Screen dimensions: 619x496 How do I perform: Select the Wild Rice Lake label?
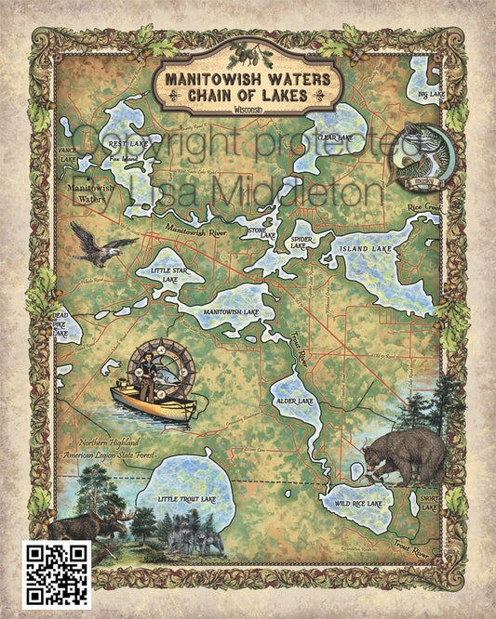pos(358,503)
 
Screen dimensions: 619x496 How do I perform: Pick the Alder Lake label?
pos(294,401)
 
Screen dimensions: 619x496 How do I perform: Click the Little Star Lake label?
pos(168,274)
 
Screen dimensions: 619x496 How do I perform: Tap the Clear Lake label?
pos(335,138)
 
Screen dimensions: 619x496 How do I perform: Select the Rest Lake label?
pos(124,143)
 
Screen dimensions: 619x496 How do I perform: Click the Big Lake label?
pos(429,95)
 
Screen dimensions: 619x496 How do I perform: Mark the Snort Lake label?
pos(429,502)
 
